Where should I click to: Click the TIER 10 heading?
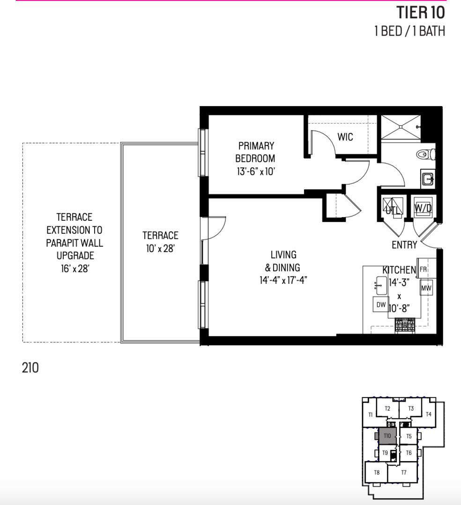(420, 12)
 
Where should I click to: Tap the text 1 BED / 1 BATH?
(409, 31)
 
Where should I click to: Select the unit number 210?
(30, 368)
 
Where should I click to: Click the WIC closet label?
(345, 137)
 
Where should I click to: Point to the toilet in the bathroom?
(426, 153)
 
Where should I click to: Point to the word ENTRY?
(404, 245)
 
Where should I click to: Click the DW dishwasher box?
(381, 305)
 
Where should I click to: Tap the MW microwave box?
(426, 288)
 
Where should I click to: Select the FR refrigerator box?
(423, 270)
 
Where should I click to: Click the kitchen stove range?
(405, 325)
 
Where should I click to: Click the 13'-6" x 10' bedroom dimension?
(255, 172)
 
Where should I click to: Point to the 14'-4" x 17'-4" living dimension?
(283, 281)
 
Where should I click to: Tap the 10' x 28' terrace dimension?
(160, 249)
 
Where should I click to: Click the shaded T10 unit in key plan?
(387, 436)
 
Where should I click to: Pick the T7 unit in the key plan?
(404, 472)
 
